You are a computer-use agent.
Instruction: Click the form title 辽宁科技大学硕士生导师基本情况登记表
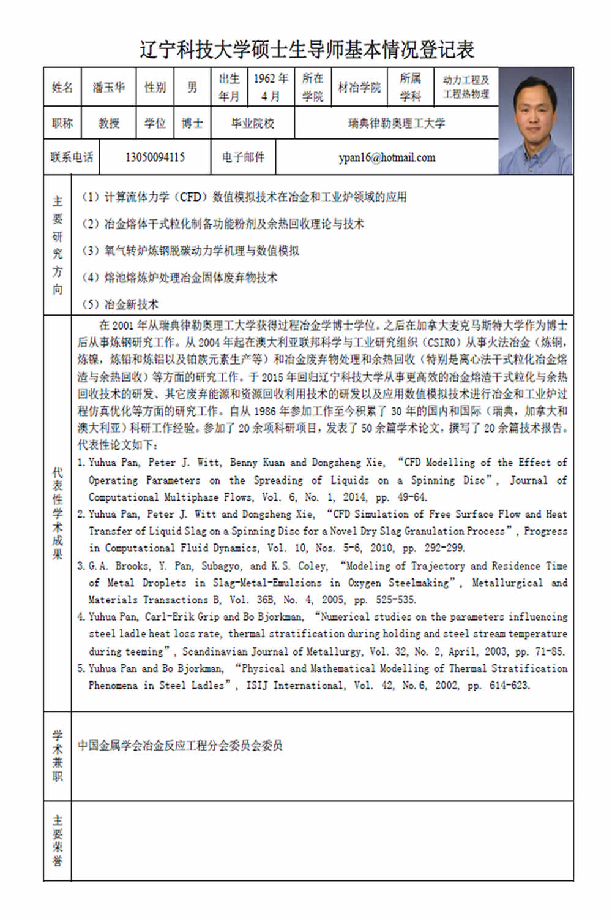point(307,50)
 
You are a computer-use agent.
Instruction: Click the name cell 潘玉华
point(108,88)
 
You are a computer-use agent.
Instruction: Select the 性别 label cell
point(155,88)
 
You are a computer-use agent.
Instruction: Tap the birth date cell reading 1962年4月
point(271,87)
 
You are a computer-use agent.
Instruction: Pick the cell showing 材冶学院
point(359,88)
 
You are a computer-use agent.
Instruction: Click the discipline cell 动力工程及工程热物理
point(466,87)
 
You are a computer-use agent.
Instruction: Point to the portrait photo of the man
point(535,121)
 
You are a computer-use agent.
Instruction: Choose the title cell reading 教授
point(109,123)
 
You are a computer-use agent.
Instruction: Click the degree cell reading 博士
point(192,123)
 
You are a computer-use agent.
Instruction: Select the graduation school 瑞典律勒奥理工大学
point(397,123)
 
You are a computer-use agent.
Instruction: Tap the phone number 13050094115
point(155,157)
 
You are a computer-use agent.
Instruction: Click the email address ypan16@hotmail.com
point(387,157)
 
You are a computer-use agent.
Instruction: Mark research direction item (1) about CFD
point(244,197)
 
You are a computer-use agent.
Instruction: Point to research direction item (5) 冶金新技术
point(120,304)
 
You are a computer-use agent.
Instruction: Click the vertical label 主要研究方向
point(58,244)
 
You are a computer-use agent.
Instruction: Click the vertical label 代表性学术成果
point(58,513)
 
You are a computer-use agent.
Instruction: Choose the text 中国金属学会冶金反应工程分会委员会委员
point(180,746)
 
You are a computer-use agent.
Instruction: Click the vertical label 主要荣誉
point(58,841)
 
